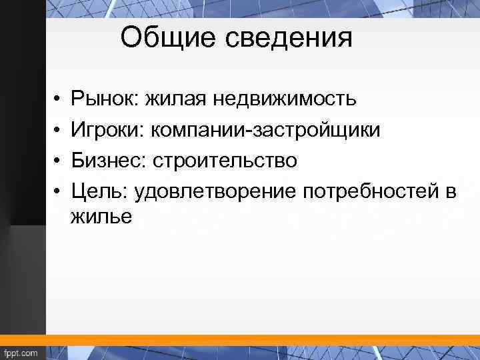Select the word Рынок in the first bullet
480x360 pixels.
pos(101,99)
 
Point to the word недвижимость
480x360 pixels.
pos(285,99)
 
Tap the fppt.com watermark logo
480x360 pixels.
pos(22,351)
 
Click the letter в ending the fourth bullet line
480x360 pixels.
pos(451,193)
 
